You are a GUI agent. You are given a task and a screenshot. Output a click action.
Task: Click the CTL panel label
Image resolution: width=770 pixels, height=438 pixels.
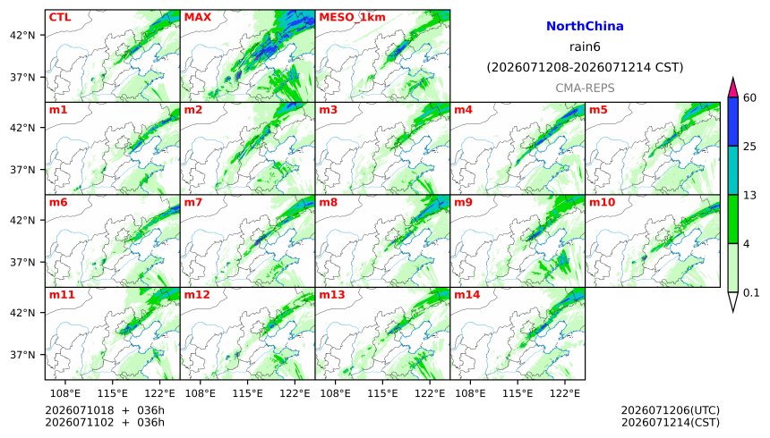[x=60, y=17]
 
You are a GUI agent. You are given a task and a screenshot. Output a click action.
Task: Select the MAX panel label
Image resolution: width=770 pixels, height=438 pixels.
[x=197, y=17]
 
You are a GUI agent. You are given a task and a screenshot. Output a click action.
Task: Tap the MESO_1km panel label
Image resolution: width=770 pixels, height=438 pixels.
[x=352, y=18]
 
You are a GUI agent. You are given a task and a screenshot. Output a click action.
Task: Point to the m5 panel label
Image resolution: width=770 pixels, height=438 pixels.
[x=598, y=110]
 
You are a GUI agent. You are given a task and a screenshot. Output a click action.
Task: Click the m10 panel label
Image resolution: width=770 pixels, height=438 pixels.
[x=602, y=202]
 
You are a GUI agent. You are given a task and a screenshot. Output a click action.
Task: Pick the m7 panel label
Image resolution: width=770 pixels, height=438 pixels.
[x=193, y=202]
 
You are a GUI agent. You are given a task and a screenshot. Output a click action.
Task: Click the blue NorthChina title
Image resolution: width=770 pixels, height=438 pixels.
[x=585, y=27]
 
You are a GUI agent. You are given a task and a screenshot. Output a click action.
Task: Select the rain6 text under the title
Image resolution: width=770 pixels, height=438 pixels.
[x=585, y=47]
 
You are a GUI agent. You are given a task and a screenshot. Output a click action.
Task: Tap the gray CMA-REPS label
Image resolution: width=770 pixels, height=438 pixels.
[x=585, y=88]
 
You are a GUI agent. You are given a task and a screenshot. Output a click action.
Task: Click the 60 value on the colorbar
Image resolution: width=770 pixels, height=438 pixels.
[x=749, y=97]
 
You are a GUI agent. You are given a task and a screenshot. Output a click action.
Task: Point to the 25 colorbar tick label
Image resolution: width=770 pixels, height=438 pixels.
[x=749, y=147]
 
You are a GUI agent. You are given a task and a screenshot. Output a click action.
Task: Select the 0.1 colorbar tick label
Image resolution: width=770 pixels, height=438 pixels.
[x=751, y=293]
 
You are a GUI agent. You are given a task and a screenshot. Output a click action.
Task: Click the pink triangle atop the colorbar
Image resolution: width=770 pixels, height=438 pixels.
[x=733, y=88]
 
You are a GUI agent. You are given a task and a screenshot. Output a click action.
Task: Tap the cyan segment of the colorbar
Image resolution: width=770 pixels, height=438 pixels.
[x=733, y=170]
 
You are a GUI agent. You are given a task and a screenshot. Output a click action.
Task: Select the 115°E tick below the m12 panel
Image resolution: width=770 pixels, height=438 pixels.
[x=248, y=393]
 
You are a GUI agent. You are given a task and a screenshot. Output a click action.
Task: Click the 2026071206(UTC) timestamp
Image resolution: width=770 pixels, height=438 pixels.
[x=671, y=410]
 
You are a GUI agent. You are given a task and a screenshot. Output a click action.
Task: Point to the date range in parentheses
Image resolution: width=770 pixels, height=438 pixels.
[x=585, y=67]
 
